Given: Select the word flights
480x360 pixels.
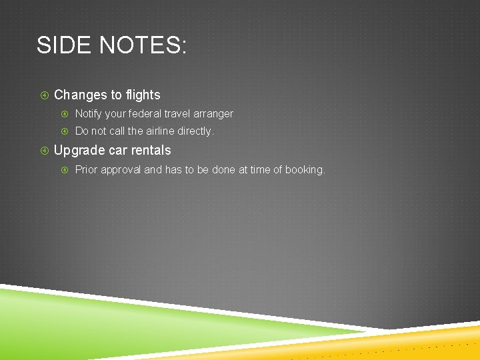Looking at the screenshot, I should [140, 95].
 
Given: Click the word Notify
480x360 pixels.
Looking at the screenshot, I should [89, 114].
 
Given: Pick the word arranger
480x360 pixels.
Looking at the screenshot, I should [213, 114].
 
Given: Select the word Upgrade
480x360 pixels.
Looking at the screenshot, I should [79, 151].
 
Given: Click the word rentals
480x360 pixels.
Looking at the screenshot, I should [151, 151].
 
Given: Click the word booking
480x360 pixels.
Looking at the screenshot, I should [305, 170].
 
